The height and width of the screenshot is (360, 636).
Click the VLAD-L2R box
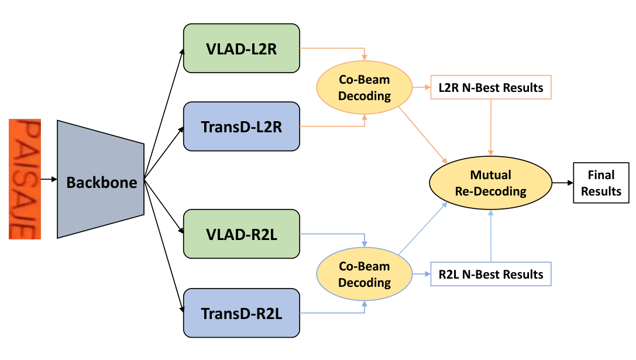coord(241,49)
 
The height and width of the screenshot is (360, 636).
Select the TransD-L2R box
coord(241,126)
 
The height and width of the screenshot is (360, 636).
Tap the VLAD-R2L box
coord(241,234)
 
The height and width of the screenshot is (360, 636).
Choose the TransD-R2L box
coord(241,313)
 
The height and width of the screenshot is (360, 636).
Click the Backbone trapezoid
coord(101,179)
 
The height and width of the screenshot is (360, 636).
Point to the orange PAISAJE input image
coord(25,179)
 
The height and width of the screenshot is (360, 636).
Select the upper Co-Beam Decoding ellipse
coord(365,87)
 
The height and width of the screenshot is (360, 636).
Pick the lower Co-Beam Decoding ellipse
coord(365,274)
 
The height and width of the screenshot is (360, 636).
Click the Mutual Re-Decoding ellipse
coord(490,183)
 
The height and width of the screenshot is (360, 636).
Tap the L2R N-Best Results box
coord(491,87)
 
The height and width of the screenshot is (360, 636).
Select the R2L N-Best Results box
coord(491,274)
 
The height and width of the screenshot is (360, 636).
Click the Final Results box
coord(601,183)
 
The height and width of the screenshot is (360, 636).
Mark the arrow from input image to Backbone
coord(49,179)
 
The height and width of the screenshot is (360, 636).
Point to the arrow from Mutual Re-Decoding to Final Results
coord(563,183)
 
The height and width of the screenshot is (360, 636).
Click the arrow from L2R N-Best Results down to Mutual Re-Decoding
coord(491,128)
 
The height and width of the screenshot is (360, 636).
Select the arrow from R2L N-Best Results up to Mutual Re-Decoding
coord(491,236)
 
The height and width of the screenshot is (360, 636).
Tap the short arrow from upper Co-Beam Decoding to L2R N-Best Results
coord(421,87)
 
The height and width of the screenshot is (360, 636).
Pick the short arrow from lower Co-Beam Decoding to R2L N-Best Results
coord(421,274)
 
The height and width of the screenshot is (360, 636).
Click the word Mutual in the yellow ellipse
coord(490,175)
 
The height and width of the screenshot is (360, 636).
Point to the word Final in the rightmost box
coord(601,175)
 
